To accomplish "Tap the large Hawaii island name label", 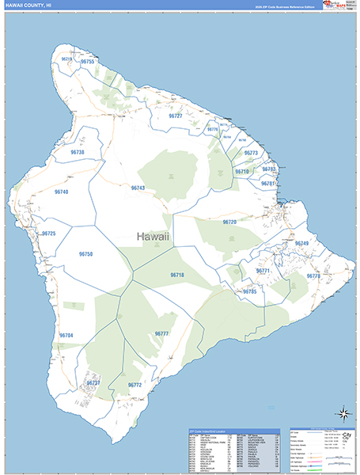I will tap(153, 237).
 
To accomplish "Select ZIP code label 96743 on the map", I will tap(138, 188).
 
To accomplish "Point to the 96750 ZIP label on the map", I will tap(86, 253).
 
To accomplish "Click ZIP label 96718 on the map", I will tap(176, 275).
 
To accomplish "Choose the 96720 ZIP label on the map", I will tap(229, 222).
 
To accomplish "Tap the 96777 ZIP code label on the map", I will tap(161, 334).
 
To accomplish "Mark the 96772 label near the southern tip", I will tap(134, 385).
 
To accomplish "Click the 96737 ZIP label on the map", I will tap(93, 383).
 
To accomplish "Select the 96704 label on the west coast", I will tap(66, 336).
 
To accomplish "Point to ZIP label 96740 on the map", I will tap(61, 192).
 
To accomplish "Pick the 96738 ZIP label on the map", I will tap(77, 152).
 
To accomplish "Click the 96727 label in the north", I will tap(175, 116).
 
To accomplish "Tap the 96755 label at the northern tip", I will tap(87, 62).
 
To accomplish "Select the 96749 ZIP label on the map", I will tap(301, 243).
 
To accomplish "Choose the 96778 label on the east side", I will tap(313, 275).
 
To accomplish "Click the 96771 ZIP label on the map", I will tap(263, 271).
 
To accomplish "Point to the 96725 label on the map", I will tap(49, 234).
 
